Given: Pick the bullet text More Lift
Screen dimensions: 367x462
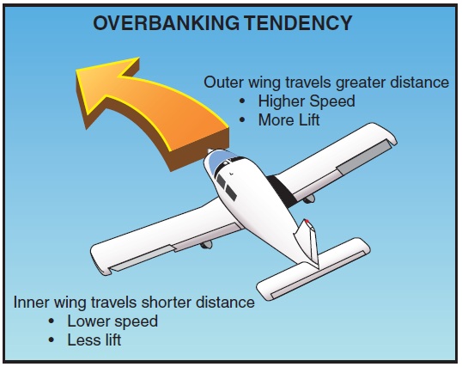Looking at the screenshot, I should [x=289, y=120].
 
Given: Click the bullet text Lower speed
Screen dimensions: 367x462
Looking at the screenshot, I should [x=112, y=321].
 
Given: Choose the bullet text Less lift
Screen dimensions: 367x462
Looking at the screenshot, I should [x=94, y=340].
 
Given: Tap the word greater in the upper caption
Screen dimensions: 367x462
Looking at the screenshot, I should [x=360, y=83].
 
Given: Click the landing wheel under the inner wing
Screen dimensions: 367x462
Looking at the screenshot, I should [x=206, y=245].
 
